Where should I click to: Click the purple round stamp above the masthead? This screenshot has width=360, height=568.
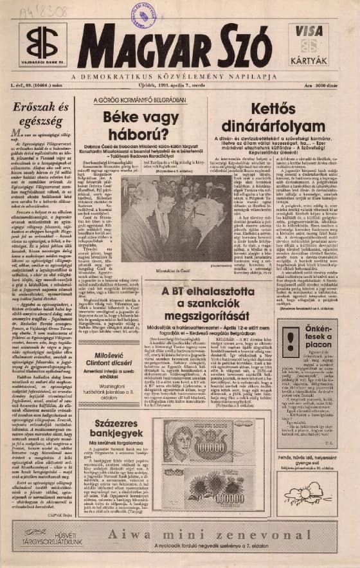tap(143, 14)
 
